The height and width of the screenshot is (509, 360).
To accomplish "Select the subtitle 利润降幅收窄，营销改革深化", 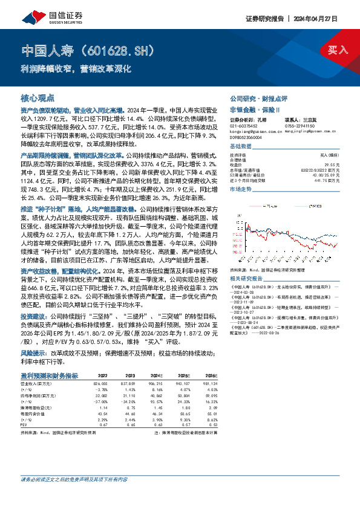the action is [x=76, y=68].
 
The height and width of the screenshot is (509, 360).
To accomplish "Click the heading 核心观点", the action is [x=38, y=97].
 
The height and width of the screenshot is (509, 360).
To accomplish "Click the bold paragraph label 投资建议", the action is [x=32, y=316].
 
